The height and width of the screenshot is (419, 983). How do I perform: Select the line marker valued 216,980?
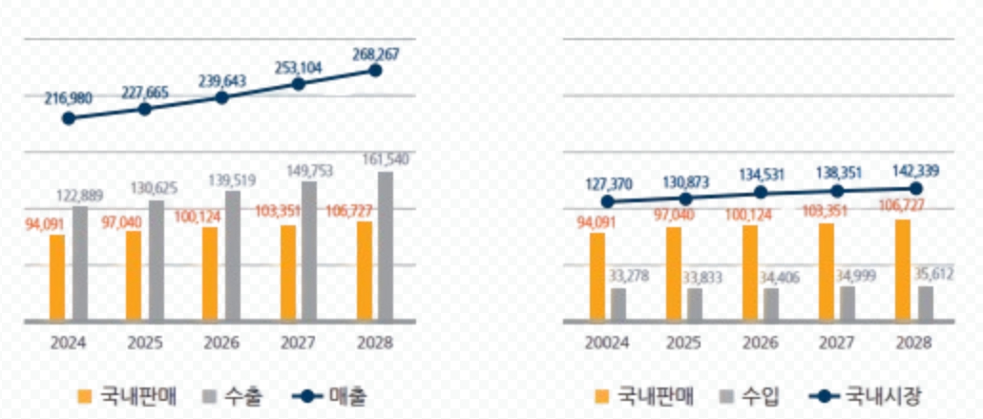pyautogui.click(x=68, y=118)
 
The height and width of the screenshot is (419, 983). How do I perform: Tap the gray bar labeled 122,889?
pyautogui.click(x=80, y=263)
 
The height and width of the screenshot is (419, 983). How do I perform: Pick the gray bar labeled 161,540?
pyautogui.click(x=386, y=247)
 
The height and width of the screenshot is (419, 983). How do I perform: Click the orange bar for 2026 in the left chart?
pyautogui.click(x=210, y=275)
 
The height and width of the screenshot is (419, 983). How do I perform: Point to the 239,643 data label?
pyautogui.click(x=221, y=81)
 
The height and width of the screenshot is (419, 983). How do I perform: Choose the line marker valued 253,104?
pyautogui.click(x=299, y=84)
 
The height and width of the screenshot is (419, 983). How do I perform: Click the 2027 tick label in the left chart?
pyautogui.click(x=299, y=342)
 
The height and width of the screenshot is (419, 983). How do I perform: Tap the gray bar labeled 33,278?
pyautogui.click(x=618, y=305)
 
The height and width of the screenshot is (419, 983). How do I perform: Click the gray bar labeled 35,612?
pyautogui.click(x=925, y=304)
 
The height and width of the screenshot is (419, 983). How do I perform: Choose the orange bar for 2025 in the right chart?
pyautogui.click(x=674, y=275)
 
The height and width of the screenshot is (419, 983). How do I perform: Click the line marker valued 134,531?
pyautogui.click(x=762, y=192)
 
